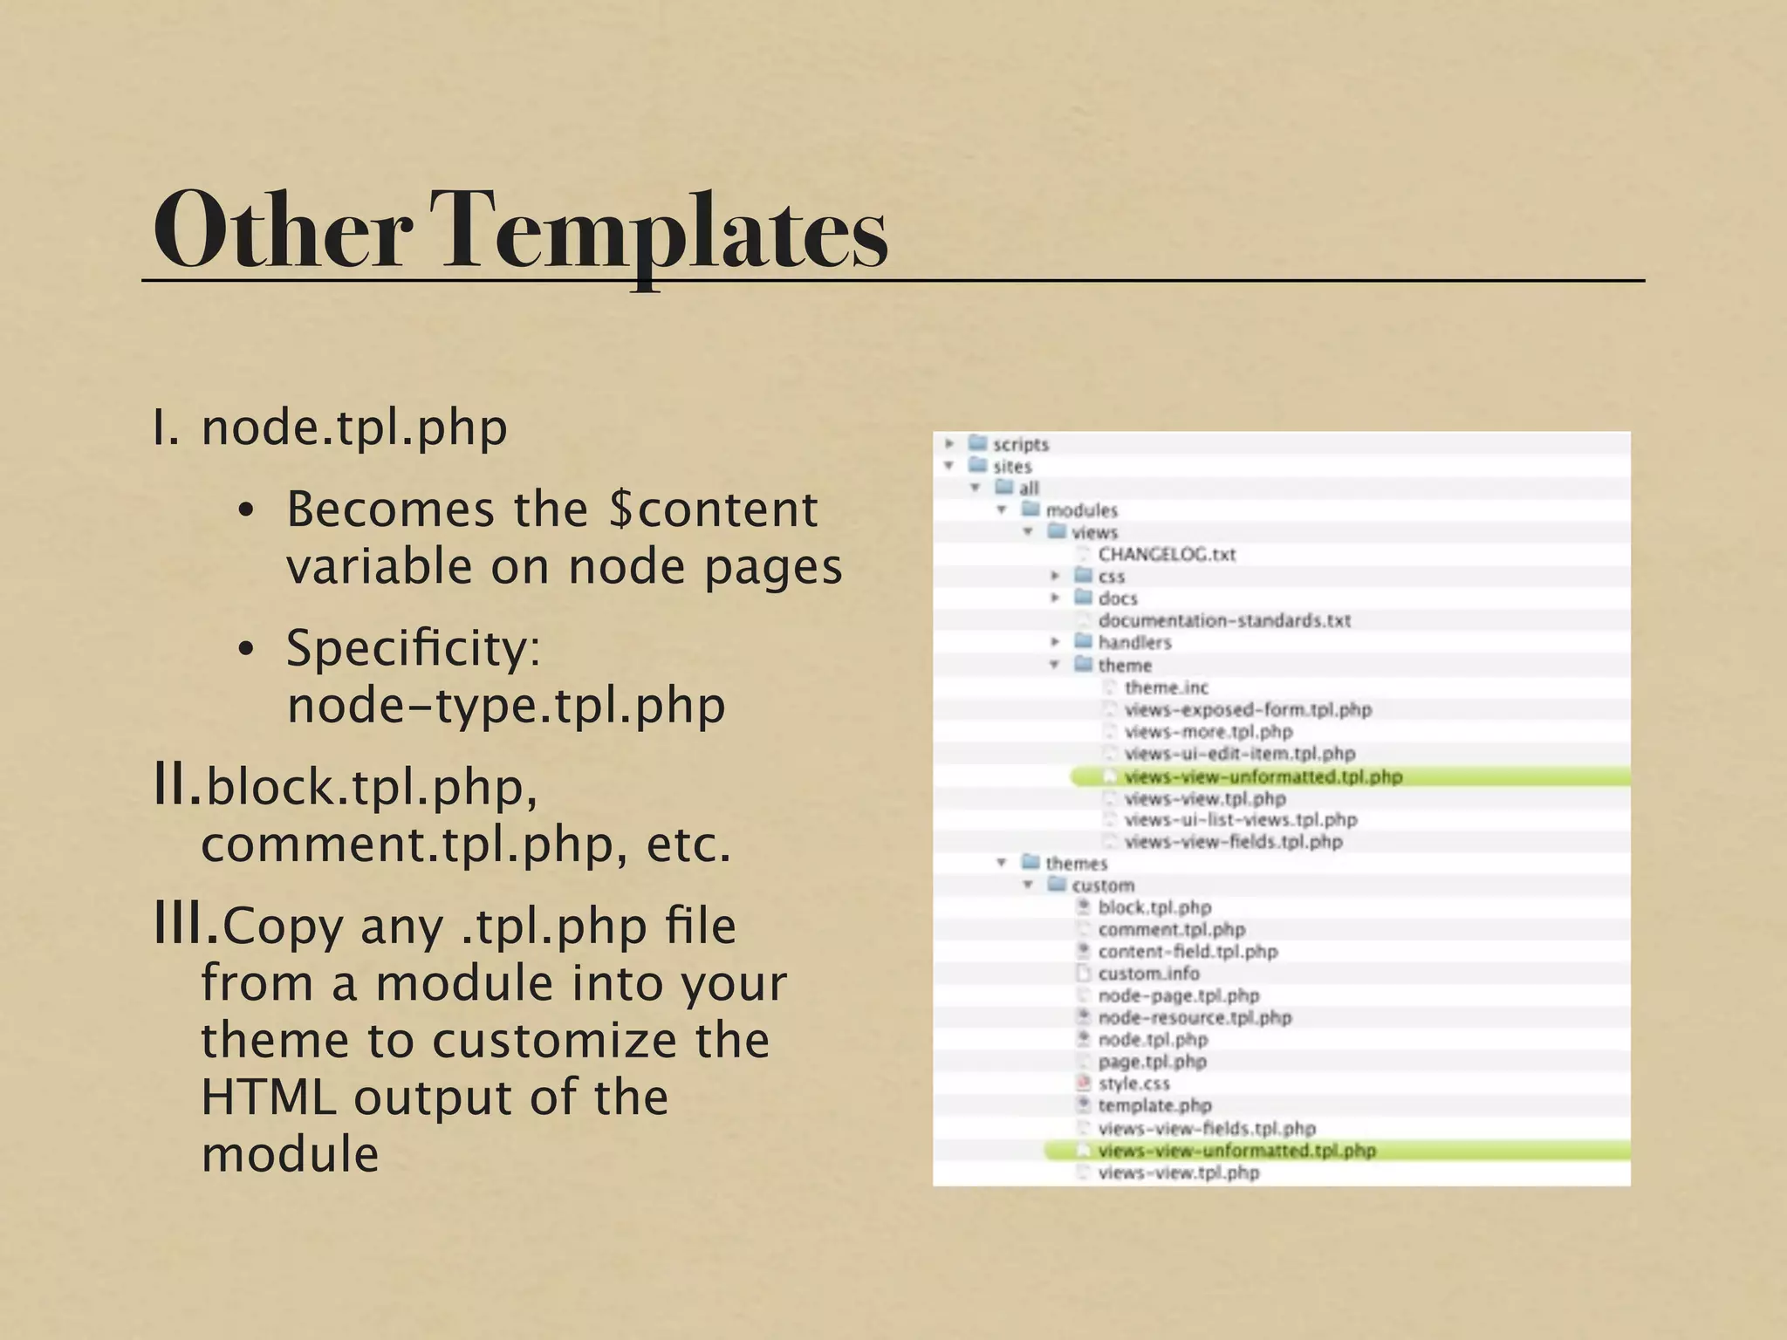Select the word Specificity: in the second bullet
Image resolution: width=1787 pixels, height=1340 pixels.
[x=414, y=649]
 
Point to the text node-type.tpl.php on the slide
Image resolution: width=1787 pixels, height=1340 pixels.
[x=506, y=706]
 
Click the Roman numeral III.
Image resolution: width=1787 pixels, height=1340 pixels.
[x=185, y=925]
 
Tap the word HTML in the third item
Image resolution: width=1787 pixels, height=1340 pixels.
[x=268, y=1097]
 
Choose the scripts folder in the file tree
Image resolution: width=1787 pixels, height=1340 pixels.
[x=1020, y=444]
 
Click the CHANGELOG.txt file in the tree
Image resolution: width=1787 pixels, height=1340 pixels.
[x=1167, y=554]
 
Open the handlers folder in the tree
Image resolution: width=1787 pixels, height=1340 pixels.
[x=1134, y=642]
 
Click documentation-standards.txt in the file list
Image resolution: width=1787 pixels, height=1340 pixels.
[x=1224, y=620]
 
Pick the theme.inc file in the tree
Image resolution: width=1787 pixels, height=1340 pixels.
[x=1166, y=687]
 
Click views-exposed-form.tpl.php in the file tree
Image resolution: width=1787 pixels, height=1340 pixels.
[x=1248, y=709]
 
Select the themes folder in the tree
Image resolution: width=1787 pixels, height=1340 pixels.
[x=1076, y=863]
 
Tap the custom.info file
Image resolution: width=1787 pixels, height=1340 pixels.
[x=1148, y=973]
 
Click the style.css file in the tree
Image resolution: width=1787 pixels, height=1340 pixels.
[x=1133, y=1084]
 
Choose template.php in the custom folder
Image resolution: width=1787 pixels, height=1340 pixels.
[x=1154, y=1105]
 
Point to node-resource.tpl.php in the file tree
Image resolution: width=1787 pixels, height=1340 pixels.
[x=1195, y=1017]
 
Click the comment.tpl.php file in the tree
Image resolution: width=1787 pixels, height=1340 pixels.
[x=1171, y=929]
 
